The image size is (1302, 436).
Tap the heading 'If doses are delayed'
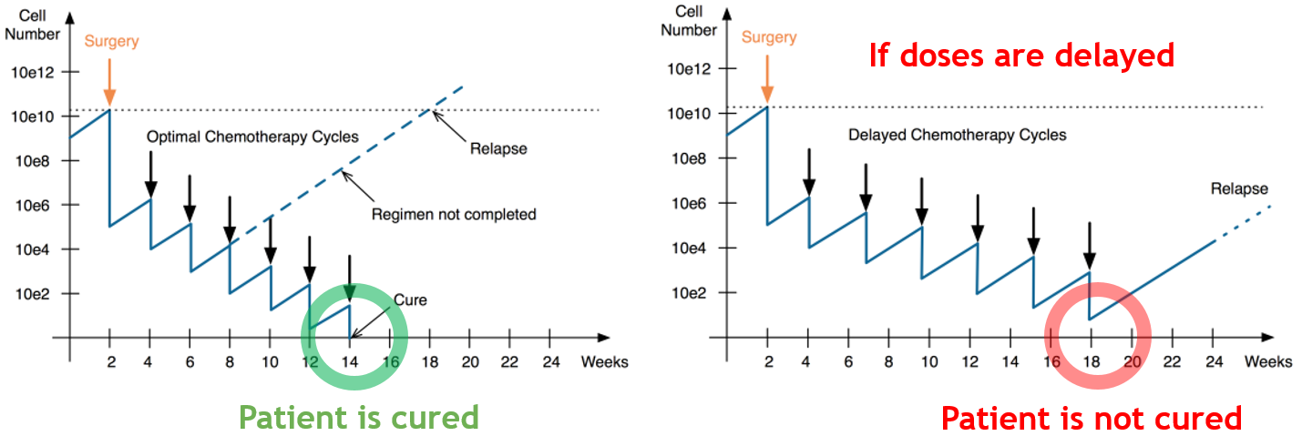[x=1020, y=56]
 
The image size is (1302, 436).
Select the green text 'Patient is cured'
[x=358, y=417]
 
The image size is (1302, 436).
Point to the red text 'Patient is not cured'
[x=1092, y=419]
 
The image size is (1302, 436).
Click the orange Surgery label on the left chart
[x=110, y=40]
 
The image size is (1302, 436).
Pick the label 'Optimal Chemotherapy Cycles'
[x=253, y=137]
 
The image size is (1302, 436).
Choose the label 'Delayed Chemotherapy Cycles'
[x=957, y=135]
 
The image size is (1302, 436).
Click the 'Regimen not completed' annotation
[x=454, y=215]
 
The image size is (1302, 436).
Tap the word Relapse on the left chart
[x=499, y=148]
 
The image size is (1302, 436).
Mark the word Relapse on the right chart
[x=1239, y=189]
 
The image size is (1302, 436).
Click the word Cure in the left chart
[x=410, y=299]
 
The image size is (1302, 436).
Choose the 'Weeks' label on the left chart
[x=604, y=361]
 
